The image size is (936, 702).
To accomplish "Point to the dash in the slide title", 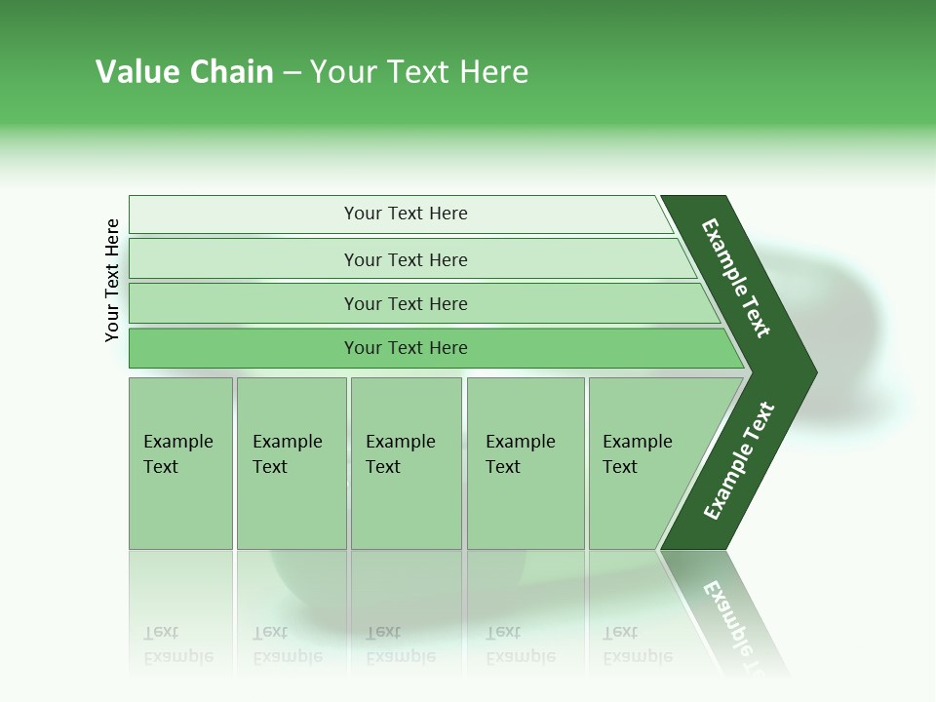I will pyautogui.click(x=292, y=73).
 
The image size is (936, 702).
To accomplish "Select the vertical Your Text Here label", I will pyautogui.click(x=112, y=280).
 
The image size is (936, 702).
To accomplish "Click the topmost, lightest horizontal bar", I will pyautogui.click(x=405, y=214).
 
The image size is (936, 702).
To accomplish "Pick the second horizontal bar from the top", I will pyautogui.click(x=405, y=259).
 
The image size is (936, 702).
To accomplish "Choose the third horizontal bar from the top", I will pyautogui.click(x=405, y=303).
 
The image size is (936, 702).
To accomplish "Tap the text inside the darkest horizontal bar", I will pyautogui.click(x=405, y=348).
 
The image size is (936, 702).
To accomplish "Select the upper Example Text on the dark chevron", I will pyautogui.click(x=736, y=278).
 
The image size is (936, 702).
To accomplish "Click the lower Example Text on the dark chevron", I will pyautogui.click(x=739, y=461).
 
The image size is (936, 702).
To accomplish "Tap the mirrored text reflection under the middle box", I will pyautogui.click(x=400, y=644).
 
